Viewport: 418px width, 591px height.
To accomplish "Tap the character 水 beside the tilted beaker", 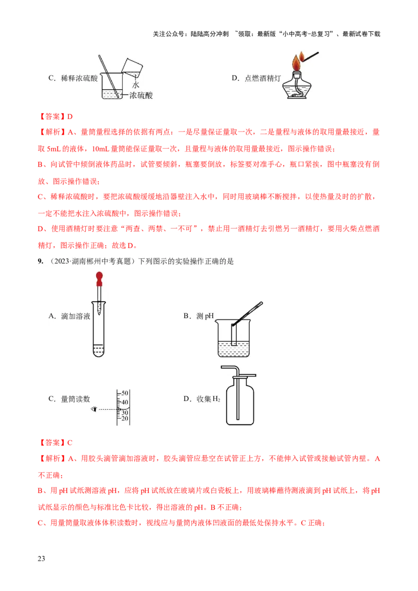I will [136, 85].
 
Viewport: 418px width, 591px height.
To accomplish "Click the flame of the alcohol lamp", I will [297, 64].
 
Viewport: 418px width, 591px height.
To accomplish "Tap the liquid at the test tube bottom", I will [98, 350].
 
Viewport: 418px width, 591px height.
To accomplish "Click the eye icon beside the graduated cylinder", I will [94, 409].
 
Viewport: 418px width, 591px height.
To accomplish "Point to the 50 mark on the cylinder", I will [124, 393].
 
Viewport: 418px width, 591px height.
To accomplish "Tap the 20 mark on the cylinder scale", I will [124, 419].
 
